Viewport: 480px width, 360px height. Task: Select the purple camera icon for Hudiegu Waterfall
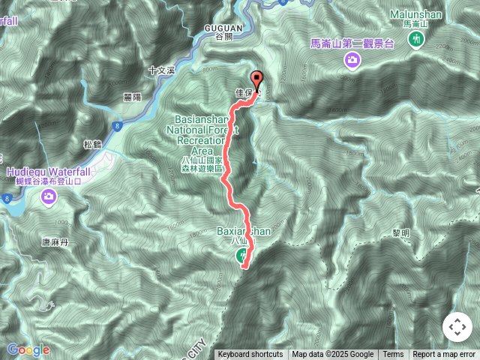[x=49, y=196]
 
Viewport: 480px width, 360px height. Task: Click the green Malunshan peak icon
[x=415, y=40]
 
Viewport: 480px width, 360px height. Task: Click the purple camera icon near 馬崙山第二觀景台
[x=351, y=59]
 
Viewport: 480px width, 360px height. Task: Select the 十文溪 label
[x=160, y=70]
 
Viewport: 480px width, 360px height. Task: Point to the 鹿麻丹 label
[x=55, y=242]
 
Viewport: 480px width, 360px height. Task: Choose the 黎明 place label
[x=400, y=233]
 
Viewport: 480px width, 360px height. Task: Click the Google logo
[x=28, y=349]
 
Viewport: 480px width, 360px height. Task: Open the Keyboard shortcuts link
[x=250, y=355]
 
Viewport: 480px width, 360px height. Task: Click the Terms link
[x=392, y=355]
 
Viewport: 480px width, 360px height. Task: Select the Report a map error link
[x=444, y=355]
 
